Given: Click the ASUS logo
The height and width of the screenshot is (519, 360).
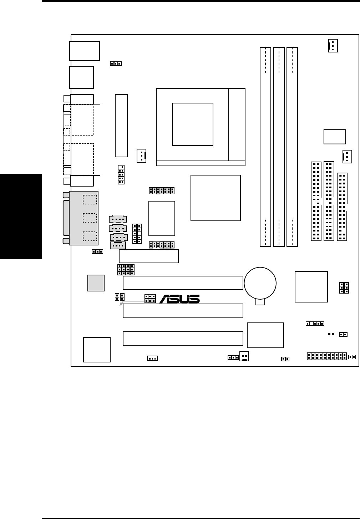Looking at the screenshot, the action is [x=179, y=299].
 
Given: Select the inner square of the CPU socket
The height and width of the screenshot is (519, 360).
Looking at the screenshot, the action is [x=192, y=124].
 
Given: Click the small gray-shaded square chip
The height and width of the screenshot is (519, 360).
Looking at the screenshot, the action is [x=96, y=283].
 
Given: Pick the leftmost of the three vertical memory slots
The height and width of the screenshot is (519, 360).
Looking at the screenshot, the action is [x=265, y=147].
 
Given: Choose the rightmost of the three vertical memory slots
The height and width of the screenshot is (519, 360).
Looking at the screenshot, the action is [x=292, y=147].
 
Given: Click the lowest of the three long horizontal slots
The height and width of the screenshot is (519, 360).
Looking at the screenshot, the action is [x=183, y=338].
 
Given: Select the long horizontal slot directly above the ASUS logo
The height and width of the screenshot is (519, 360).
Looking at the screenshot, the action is [x=183, y=283].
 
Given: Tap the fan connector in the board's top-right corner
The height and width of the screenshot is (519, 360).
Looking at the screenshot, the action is [x=333, y=46].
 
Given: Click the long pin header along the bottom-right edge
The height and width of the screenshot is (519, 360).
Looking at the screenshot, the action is [x=327, y=356].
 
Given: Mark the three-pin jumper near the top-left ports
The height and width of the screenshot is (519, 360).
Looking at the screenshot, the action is [x=116, y=64].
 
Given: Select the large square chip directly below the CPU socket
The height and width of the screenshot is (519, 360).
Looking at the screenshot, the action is [x=216, y=198].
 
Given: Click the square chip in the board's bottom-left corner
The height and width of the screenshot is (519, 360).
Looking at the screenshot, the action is [x=97, y=350].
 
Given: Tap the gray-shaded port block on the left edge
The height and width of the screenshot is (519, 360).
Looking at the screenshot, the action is [x=83, y=218].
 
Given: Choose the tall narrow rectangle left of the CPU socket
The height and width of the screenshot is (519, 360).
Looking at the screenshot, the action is [x=121, y=126].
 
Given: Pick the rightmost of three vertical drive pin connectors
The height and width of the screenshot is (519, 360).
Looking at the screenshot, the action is [x=342, y=207].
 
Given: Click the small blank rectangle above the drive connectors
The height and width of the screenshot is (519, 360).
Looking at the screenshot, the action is [x=335, y=137].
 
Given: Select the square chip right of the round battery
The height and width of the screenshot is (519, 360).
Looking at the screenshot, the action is [x=311, y=286].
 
